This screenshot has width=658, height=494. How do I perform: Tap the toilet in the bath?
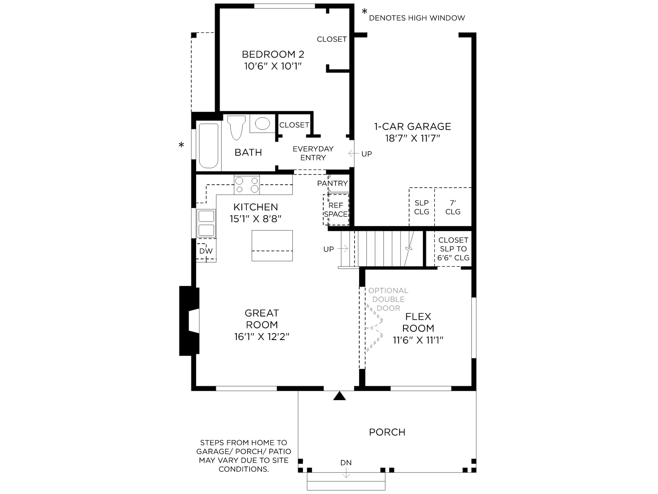point(236,128)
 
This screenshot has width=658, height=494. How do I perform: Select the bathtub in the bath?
point(209,146)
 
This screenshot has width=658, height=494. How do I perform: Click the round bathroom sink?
point(262,123)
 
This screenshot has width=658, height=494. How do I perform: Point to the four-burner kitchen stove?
point(247,185)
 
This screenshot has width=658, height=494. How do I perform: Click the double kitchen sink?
point(206,223)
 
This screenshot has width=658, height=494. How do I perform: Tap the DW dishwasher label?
point(206,251)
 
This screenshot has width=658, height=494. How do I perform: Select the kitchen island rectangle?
point(272,246)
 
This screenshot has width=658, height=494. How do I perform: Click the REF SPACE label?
point(336,210)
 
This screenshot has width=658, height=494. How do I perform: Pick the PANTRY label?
point(332,183)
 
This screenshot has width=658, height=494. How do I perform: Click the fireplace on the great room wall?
point(189,321)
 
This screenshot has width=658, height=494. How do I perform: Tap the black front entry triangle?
point(339,396)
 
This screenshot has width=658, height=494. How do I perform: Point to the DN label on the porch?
point(346,463)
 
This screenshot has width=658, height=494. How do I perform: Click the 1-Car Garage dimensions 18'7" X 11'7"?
point(412,138)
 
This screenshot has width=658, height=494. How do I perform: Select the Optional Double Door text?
point(388,299)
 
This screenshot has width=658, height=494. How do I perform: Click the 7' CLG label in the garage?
point(453,207)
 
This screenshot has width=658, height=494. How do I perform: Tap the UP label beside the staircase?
point(329,249)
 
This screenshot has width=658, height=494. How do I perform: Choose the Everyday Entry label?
point(313,153)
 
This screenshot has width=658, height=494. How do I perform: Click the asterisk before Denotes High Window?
point(364,12)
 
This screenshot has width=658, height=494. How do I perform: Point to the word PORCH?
point(387,432)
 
